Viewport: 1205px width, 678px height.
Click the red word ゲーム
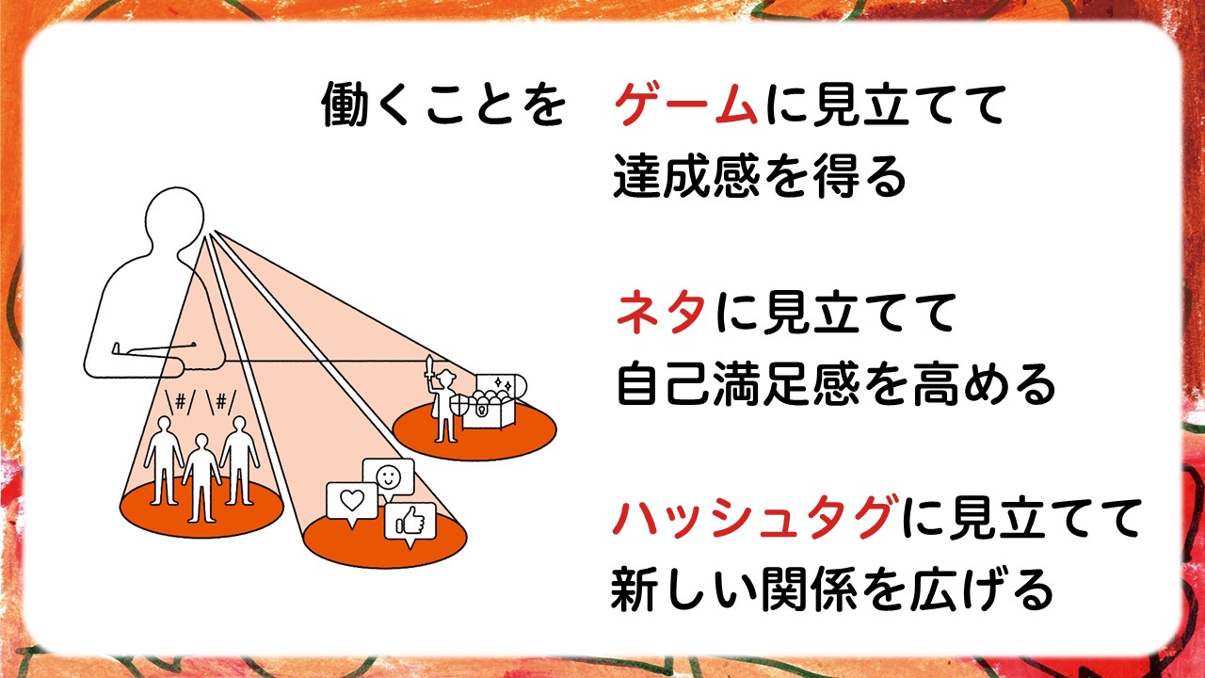coord(685,105)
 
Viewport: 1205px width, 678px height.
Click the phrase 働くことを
coord(443,105)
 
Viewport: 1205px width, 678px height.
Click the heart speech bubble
coord(352,504)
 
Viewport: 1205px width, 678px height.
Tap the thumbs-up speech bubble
coord(410,524)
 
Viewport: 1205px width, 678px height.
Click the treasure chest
coord(494,401)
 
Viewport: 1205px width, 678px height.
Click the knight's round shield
coord(461,405)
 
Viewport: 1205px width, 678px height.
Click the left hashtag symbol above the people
coord(181,401)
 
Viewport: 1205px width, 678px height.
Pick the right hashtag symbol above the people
coord(221,401)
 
